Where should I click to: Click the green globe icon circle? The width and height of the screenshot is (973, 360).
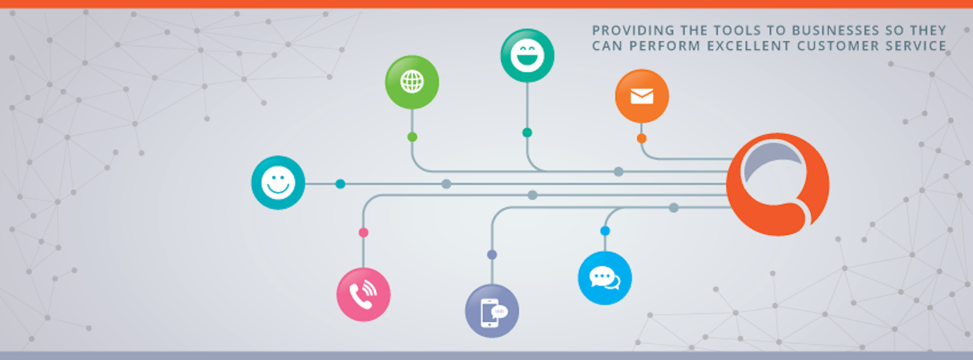412,82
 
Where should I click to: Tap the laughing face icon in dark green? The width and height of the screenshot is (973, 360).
527,55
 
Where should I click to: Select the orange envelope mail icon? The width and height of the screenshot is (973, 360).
642,96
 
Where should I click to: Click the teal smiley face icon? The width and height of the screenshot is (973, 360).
278,182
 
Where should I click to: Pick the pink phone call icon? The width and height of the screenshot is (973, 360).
363,294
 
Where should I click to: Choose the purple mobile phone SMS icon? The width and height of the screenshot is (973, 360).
492,311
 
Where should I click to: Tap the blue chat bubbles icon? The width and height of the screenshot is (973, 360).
604,278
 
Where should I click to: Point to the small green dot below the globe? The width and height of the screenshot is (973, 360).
412,137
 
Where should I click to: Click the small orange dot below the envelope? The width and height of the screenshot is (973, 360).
642,139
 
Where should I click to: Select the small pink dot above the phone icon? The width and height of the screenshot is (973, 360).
363,232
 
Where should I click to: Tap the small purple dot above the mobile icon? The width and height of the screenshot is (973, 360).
492,255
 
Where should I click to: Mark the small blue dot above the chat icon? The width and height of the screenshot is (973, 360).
605,231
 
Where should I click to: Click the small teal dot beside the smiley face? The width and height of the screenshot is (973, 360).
341,184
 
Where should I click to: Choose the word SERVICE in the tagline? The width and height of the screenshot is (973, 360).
915,46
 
